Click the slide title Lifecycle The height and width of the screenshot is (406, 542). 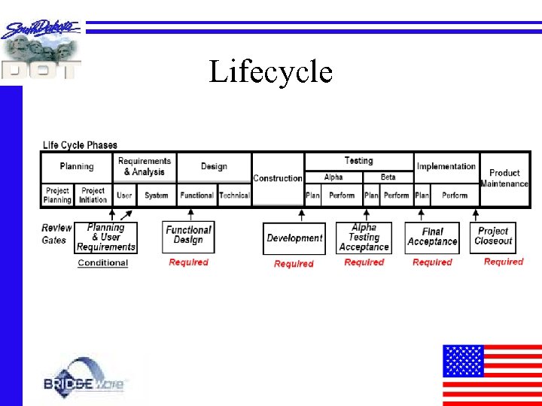click(x=270, y=72)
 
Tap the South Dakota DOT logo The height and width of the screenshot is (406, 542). click(x=41, y=50)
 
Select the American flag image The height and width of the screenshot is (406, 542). click(x=492, y=374)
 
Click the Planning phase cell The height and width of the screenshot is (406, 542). click(x=77, y=166)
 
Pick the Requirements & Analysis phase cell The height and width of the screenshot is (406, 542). click(x=145, y=166)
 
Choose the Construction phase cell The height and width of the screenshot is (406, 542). click(x=278, y=178)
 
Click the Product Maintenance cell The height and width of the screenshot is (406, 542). click(x=504, y=178)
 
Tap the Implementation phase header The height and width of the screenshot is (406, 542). click(x=446, y=166)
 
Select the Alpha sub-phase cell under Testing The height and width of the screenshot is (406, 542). click(x=333, y=177)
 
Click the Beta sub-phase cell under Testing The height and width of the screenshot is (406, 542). click(x=388, y=177)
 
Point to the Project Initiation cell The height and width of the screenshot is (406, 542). click(x=93, y=195)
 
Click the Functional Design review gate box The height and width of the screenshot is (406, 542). click(x=188, y=235)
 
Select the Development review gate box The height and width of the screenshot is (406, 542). click(x=294, y=238)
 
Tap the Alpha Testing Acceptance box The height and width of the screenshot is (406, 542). click(x=364, y=238)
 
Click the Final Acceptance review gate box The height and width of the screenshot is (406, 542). click(x=432, y=237)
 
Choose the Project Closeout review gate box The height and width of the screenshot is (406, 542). click(x=493, y=236)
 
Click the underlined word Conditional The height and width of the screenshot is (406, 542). click(x=102, y=263)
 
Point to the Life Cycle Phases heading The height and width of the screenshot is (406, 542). click(x=80, y=145)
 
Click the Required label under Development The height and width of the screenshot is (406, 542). click(x=294, y=264)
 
